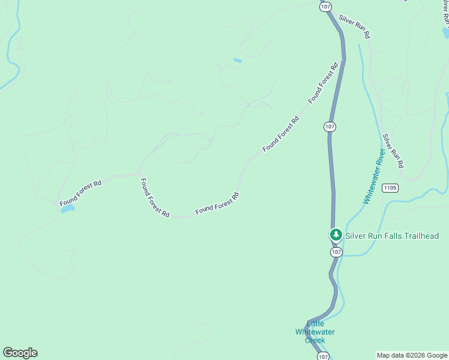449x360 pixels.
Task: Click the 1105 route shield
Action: coord(390,188)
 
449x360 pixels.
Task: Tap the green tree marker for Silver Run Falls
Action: coord(336,235)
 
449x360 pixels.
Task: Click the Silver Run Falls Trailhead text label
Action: coord(391,236)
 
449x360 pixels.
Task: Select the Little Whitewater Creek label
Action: coord(315,332)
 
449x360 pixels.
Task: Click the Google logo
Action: coord(20,353)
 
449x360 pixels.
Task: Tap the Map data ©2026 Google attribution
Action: coord(412,355)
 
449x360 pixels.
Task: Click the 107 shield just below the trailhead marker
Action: coord(336,253)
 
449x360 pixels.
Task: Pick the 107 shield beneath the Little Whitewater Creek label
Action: coord(323,355)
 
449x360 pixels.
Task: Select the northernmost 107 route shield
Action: coord(325,7)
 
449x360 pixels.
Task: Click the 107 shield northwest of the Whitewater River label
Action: coord(330,127)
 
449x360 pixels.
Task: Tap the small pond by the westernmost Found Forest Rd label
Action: coord(67,209)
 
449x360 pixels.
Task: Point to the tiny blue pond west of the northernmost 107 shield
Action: coord(237,61)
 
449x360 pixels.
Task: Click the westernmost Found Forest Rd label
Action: coord(80,191)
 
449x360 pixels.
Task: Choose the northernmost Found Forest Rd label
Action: coord(324,82)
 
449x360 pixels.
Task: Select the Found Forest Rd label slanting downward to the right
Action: coord(154,197)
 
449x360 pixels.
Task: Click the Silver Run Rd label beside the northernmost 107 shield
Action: coord(354,27)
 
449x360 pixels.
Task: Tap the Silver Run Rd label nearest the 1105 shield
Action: coord(393,151)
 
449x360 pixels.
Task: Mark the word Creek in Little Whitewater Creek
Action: coord(315,340)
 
